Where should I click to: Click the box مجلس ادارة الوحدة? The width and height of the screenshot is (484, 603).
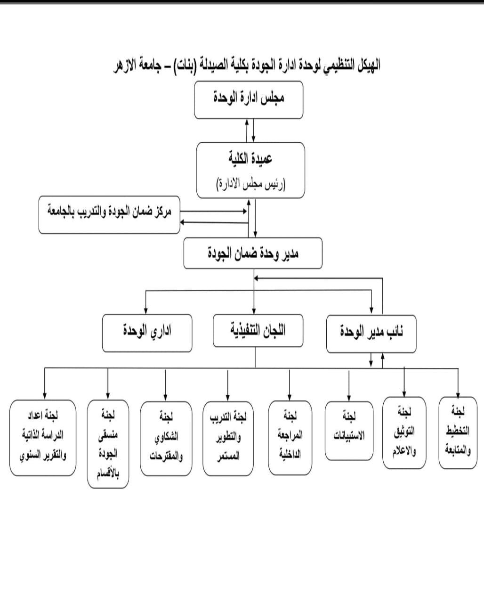[x=249, y=99]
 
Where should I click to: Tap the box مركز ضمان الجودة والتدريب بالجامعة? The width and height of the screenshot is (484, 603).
[x=109, y=215]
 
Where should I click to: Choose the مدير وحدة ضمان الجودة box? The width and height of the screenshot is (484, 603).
[x=253, y=253]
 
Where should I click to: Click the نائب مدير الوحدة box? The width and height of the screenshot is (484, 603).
[x=371, y=333]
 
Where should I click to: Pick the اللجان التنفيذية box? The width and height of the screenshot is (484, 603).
[x=258, y=330]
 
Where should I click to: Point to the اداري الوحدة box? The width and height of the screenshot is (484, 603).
[x=147, y=333]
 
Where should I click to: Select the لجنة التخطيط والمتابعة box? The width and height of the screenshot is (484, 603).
[x=458, y=432]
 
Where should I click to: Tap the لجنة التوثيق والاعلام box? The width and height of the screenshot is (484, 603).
[x=404, y=432]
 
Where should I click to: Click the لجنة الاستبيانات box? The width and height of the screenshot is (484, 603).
[x=349, y=430]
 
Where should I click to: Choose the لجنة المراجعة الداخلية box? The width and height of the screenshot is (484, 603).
[x=290, y=437]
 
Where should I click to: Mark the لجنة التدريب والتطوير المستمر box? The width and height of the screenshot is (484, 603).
[x=228, y=438]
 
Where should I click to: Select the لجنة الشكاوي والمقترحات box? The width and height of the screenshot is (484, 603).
[x=166, y=438]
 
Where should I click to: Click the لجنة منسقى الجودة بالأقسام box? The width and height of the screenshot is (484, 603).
[x=108, y=443]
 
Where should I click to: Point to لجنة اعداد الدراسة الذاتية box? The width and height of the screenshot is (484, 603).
[x=43, y=437]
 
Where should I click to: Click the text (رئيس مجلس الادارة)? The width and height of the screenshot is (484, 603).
[x=250, y=183]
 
